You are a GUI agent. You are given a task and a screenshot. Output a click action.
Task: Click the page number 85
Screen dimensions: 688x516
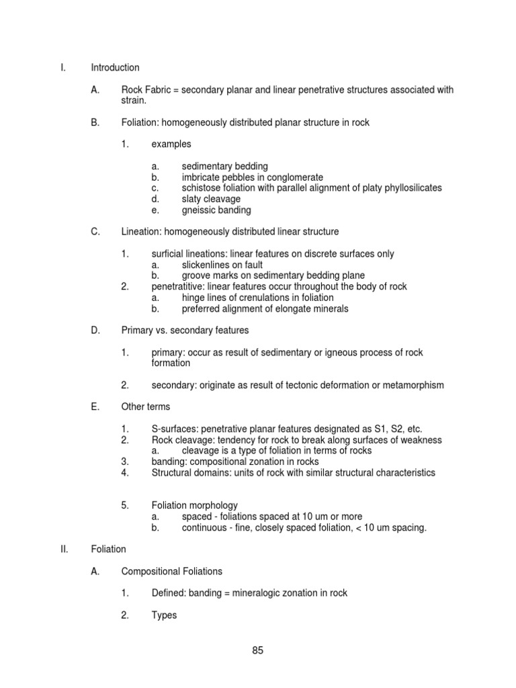[258, 650]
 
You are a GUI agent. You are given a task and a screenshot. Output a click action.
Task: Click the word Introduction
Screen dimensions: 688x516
[116, 68]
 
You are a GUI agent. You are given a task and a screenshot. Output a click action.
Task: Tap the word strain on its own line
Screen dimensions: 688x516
[133, 101]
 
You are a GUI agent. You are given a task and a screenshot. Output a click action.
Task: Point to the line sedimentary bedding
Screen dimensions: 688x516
[224, 166]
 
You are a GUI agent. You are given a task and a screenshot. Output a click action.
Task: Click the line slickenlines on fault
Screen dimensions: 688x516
[222, 265]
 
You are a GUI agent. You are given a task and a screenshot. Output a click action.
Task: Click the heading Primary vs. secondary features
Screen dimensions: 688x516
[185, 331]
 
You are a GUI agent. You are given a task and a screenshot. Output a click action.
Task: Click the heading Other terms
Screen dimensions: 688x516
[146, 407]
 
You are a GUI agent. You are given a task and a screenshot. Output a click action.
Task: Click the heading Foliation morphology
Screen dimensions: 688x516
[194, 506]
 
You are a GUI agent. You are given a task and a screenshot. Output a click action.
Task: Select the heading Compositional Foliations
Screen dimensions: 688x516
[171, 571]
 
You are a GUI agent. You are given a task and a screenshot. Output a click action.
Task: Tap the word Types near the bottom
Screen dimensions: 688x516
[164, 615]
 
